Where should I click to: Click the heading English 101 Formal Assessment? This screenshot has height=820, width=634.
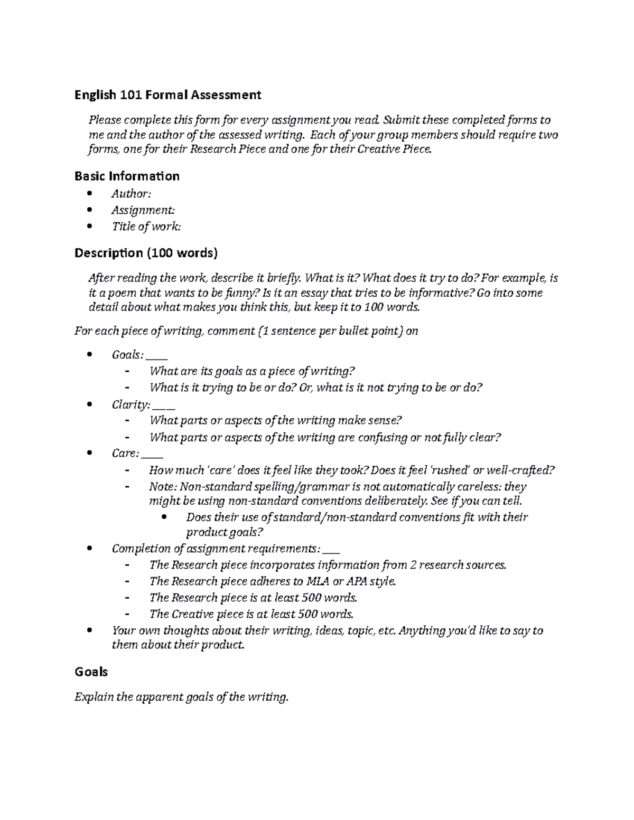tap(167, 95)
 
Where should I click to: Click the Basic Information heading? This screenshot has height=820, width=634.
tap(127, 176)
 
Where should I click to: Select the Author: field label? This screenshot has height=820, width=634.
tap(131, 194)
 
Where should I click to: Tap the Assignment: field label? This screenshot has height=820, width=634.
tap(143, 210)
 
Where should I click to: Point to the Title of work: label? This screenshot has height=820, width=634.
tap(146, 227)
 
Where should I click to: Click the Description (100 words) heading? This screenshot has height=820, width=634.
tap(146, 253)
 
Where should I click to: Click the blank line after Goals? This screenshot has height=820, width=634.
tap(159, 357)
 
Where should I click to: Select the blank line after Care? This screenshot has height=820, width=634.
tap(153, 456)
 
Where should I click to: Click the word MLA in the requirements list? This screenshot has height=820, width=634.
tap(318, 581)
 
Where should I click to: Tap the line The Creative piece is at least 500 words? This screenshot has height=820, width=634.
tap(251, 614)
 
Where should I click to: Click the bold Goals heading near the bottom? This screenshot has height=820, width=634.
tap(91, 672)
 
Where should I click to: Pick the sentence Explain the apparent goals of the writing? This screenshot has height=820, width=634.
tap(182, 697)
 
